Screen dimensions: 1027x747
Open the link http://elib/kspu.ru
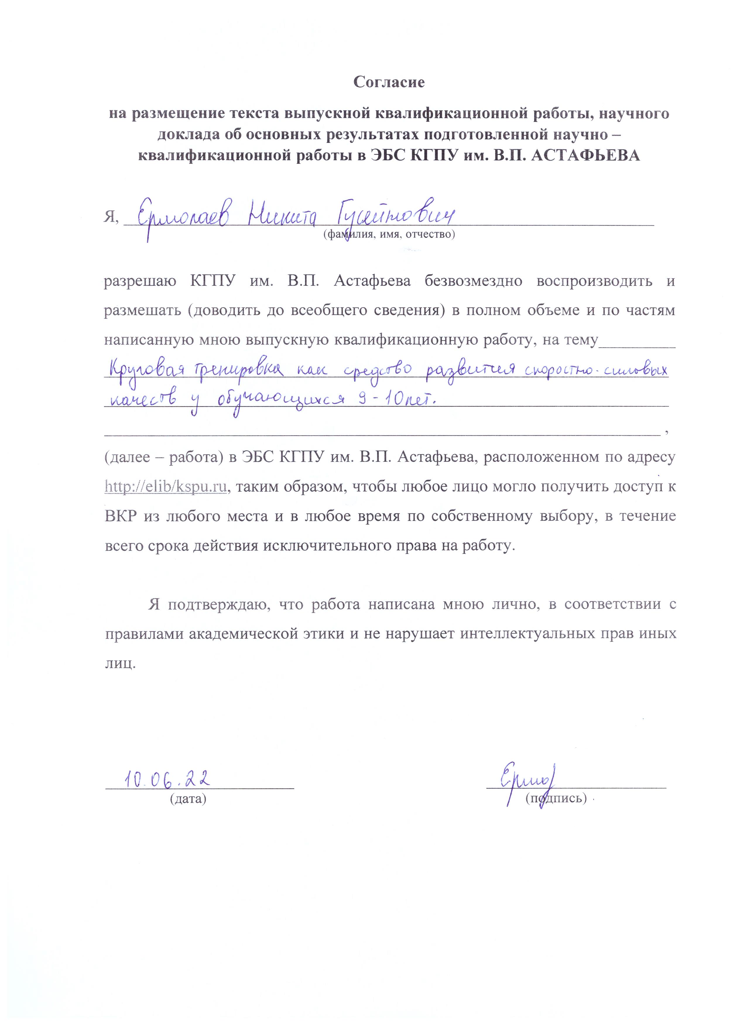click(165, 487)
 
